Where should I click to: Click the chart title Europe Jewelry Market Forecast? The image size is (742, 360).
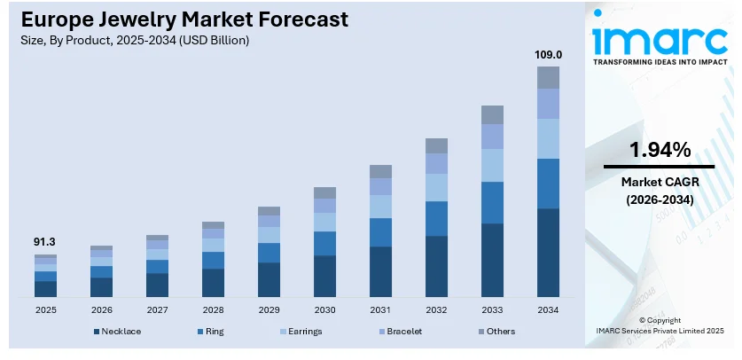[x=177, y=20]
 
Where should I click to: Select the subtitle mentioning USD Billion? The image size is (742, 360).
[x=129, y=40]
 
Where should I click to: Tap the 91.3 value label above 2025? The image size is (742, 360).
[x=45, y=241]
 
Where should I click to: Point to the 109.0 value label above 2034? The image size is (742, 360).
[x=549, y=54]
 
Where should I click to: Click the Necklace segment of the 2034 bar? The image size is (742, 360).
[x=549, y=253]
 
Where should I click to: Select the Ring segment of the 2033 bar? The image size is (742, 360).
[x=493, y=202]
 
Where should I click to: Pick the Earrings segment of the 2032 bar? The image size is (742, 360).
[x=436, y=187]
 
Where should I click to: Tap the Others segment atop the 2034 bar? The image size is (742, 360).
[x=549, y=77]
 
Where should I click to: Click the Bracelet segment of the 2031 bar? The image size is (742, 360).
[x=380, y=186]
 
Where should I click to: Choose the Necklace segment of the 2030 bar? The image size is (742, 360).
[x=324, y=276]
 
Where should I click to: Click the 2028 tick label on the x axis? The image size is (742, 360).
[x=213, y=310]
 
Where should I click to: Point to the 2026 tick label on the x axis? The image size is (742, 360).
[x=101, y=310]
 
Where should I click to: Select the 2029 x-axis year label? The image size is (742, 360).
[x=269, y=310]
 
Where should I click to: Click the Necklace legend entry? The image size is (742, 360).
[x=118, y=332]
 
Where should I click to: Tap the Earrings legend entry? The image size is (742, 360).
[x=299, y=332]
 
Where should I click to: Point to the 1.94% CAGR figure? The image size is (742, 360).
[x=660, y=150]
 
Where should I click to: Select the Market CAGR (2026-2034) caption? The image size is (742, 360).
[x=660, y=191]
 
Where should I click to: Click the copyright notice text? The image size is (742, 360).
[x=660, y=324]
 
